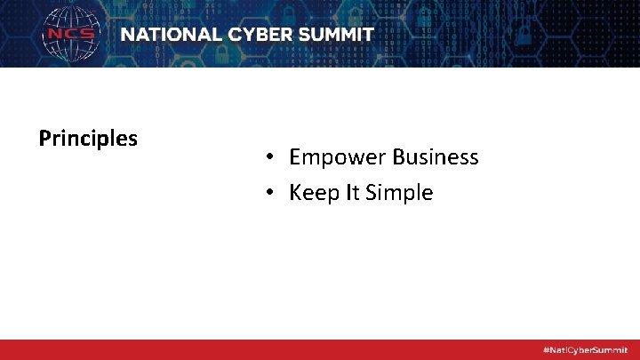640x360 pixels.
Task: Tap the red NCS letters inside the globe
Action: coord(71,35)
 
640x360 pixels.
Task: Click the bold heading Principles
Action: coord(88,139)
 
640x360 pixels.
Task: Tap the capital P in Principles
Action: coord(44,139)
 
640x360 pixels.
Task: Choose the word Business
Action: coord(435,157)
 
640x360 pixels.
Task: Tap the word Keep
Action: coord(312,194)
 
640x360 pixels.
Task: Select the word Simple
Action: coord(400,194)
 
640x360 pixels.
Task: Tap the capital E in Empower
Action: coord(295,157)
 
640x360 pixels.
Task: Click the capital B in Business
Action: coord(397,157)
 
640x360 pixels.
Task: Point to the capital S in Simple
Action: coord(373,193)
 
